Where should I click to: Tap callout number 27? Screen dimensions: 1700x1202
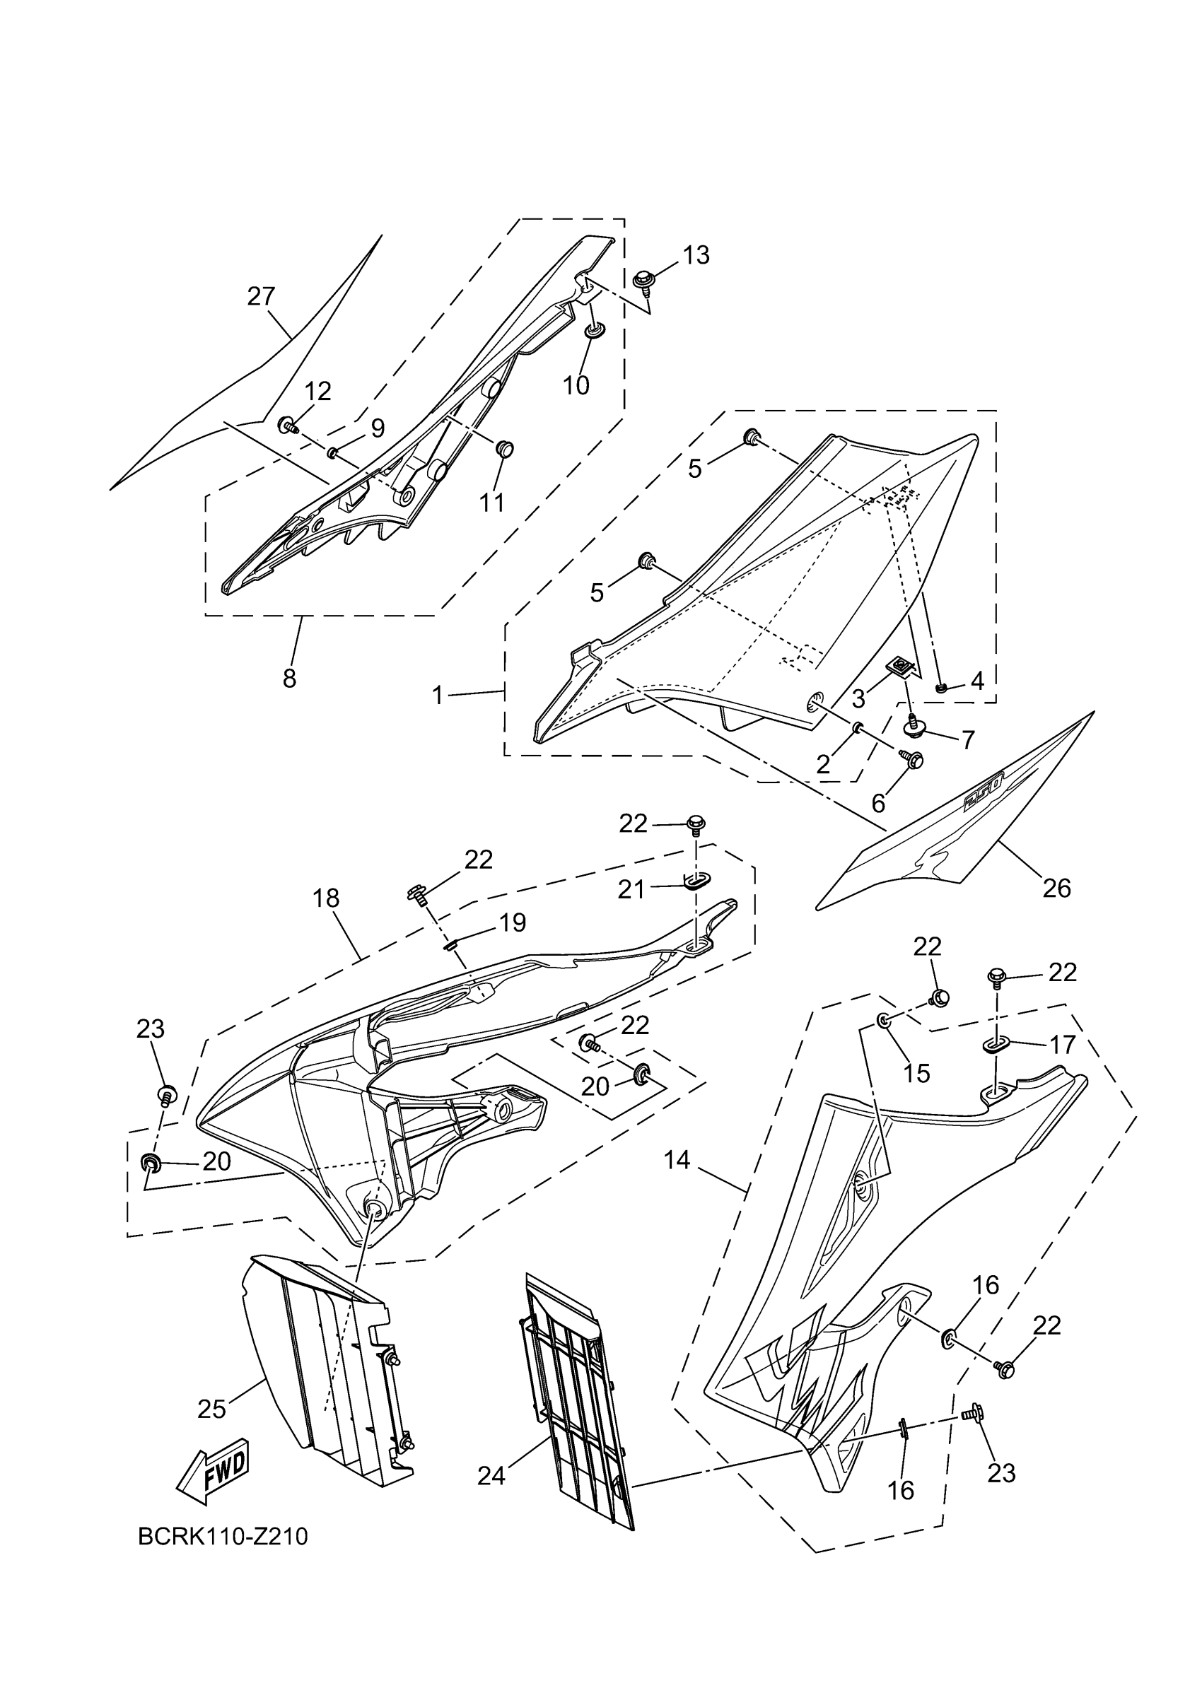coord(262,296)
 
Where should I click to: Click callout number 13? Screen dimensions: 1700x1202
coord(696,254)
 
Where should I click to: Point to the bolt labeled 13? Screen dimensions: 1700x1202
coord(643,281)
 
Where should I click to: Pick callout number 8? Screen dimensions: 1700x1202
coord(290,677)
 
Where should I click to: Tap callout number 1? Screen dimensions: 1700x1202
coord(438,696)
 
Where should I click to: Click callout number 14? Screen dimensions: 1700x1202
coord(677,1160)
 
